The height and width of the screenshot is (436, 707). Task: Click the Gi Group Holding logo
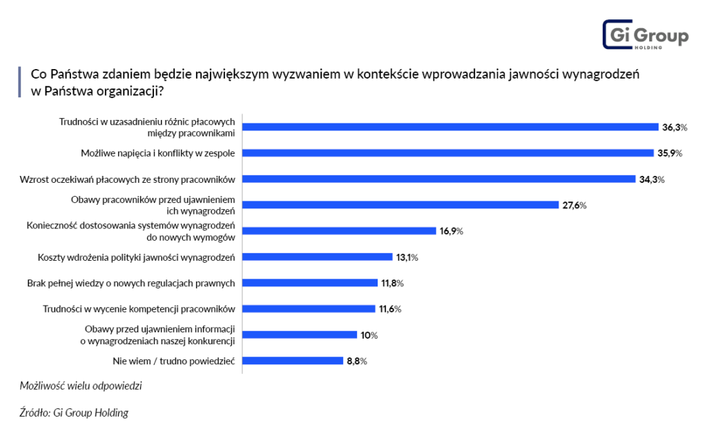click(645, 35)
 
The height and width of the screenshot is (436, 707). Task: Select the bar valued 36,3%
click(450, 127)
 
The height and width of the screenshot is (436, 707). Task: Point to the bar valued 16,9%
click(339, 231)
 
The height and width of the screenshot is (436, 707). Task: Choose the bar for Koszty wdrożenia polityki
click(317, 257)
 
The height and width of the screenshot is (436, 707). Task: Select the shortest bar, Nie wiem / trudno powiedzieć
click(293, 360)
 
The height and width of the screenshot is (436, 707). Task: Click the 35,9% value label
click(669, 153)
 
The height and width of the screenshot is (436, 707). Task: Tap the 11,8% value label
click(391, 283)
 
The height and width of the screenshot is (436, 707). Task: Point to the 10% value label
click(369, 335)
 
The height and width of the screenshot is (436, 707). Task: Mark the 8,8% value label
click(356, 361)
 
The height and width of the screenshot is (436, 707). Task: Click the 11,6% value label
click(390, 308)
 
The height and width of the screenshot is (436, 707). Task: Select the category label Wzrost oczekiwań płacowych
click(128, 179)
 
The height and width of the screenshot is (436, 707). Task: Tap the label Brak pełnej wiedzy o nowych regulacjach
click(132, 283)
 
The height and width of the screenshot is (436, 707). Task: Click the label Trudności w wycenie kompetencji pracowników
click(139, 308)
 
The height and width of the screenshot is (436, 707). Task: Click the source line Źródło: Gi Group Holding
click(74, 413)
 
